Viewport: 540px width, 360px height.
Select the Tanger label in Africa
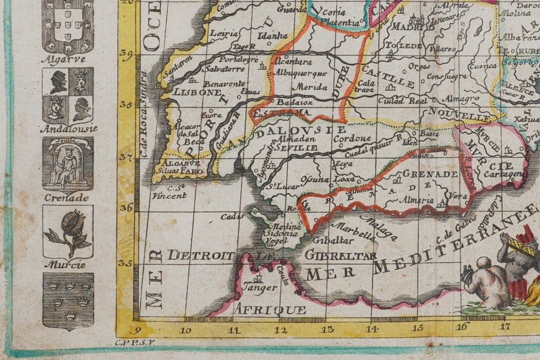pyautogui.click(x=259, y=288)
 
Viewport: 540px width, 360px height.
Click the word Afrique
pyautogui.click(x=271, y=309)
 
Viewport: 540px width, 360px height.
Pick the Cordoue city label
pyautogui.click(x=352, y=139)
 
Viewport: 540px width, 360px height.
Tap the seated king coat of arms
pyautogui.click(x=68, y=164)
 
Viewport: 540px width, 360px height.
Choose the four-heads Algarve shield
pyautogui.click(x=68, y=94)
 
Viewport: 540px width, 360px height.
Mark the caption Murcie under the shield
pyautogui.click(x=68, y=264)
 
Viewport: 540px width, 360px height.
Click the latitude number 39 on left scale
pyautogui.click(x=125, y=53)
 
